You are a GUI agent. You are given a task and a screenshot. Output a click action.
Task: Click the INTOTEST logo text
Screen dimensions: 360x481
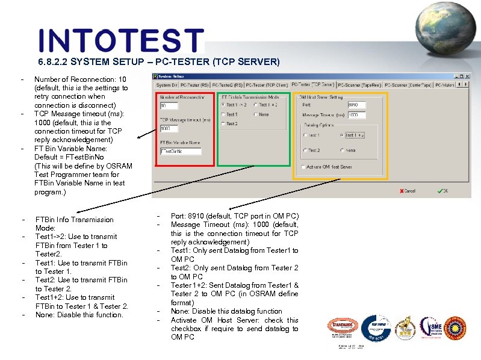[x=121, y=41]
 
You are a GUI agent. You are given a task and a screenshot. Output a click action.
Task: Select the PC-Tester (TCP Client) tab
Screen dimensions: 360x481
[x=268, y=85]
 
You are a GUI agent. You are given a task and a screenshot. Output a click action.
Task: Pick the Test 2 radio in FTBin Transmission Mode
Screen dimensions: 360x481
[x=223, y=123]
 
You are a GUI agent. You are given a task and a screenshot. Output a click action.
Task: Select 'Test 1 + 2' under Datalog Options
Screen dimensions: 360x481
[x=342, y=135]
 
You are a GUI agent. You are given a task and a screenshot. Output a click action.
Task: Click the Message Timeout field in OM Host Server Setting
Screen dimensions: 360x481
[x=356, y=115]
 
